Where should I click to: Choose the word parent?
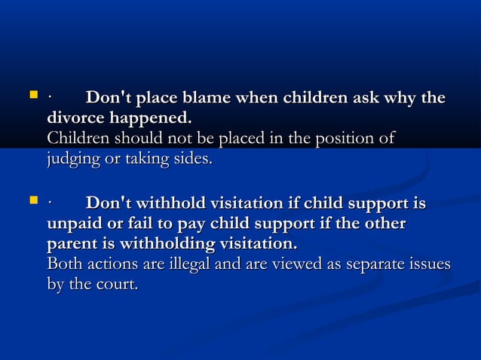pyautogui.click(x=75, y=246)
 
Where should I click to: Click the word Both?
pyautogui.click(x=64, y=265)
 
